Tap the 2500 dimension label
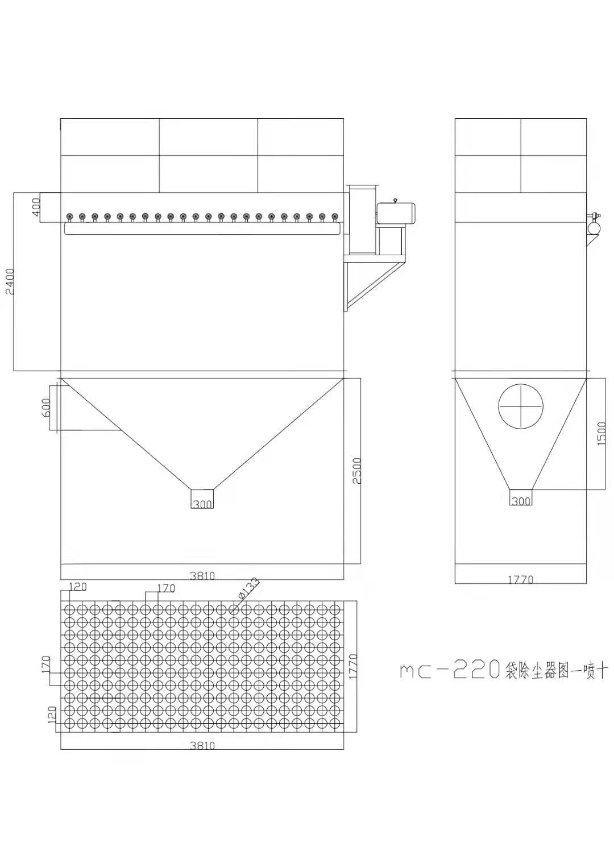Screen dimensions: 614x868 tap(357, 471)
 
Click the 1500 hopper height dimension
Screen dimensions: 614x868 tap(601, 434)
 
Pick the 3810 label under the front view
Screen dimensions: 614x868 tap(202, 576)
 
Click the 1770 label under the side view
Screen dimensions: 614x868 tap(521, 579)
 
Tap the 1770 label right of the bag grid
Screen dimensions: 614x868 tap(352, 666)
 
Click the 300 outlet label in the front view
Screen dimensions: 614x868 tap(202, 504)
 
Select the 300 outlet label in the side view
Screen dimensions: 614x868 tap(521, 501)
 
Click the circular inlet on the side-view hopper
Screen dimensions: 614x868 tap(521, 406)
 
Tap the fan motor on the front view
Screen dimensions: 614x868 tap(397, 213)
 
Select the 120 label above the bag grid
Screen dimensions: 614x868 tap(78, 587)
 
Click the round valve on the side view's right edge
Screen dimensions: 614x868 tap(594, 227)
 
